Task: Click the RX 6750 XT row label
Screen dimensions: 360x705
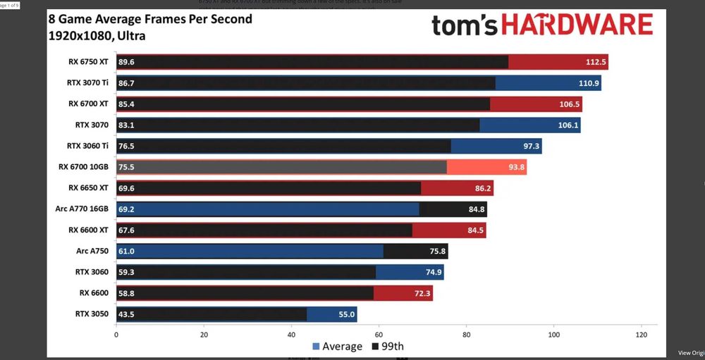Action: tap(88, 62)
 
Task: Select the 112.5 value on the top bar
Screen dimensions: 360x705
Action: tap(596, 62)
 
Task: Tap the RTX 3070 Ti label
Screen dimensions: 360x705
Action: tap(87, 83)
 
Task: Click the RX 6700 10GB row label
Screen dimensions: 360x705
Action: tap(84, 167)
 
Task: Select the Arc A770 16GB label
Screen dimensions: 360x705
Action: tap(82, 209)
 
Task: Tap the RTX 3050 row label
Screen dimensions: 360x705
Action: tap(92, 314)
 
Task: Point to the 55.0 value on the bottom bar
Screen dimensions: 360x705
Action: tap(346, 315)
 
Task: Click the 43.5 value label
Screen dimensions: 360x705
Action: tap(127, 315)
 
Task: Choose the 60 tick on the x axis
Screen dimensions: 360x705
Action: tap(379, 335)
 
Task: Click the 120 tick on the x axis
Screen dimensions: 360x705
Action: tap(641, 335)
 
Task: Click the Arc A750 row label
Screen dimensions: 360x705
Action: tap(92, 252)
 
